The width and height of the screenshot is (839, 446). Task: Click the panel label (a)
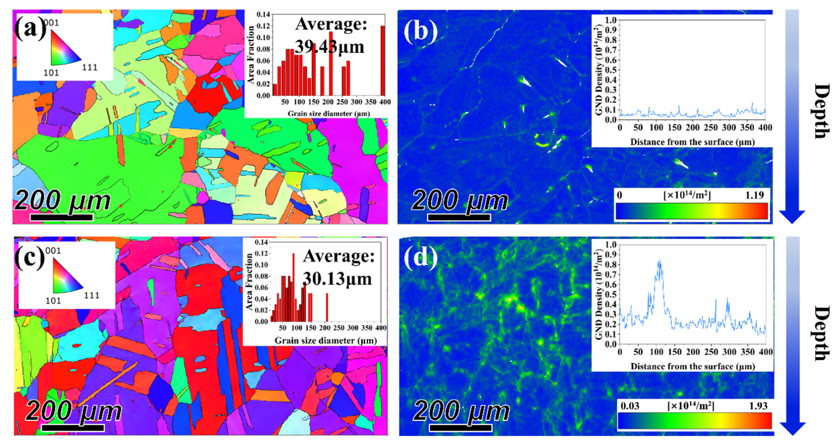30,29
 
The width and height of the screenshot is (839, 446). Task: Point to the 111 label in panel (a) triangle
89,68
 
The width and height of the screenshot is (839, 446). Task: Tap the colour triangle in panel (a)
64,47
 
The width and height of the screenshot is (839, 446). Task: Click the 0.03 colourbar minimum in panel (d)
630,406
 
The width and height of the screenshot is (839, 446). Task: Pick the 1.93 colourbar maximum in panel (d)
758,406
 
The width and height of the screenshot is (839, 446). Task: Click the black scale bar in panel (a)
62,217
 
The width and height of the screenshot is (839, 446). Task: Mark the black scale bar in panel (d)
460,428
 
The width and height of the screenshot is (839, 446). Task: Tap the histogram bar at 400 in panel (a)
382,60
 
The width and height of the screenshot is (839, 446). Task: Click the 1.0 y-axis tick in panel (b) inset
611,20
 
